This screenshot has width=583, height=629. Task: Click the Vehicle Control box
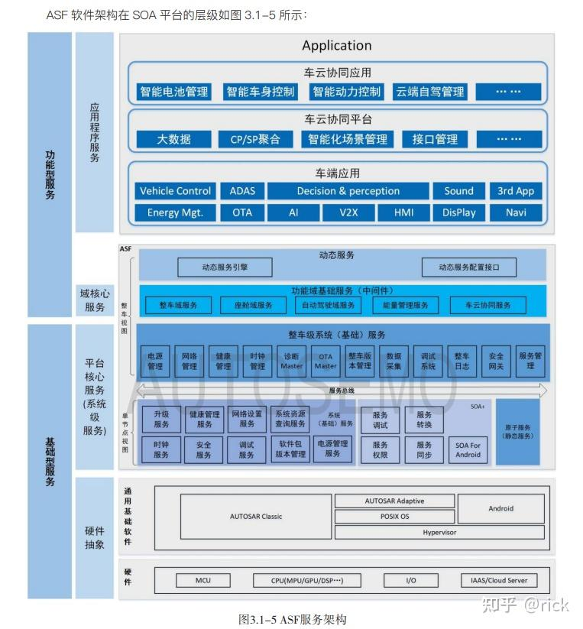(175, 191)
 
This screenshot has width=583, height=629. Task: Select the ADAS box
(242, 191)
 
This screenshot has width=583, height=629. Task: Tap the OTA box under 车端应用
(242, 212)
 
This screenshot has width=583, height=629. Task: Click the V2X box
(348, 212)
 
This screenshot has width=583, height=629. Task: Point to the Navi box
(516, 212)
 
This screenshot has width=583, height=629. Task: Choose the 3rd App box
(516, 191)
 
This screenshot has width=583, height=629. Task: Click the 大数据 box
(173, 139)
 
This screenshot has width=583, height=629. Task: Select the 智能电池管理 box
(173, 92)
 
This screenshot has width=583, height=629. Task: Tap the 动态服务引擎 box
(225, 267)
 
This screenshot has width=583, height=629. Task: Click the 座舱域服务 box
(253, 305)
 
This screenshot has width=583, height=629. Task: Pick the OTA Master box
(326, 361)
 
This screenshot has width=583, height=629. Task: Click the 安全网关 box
(496, 361)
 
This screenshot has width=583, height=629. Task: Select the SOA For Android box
(468, 449)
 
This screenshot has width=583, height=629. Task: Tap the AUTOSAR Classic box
(256, 517)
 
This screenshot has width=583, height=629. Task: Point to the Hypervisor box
(439, 532)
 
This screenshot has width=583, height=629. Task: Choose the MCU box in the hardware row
(202, 580)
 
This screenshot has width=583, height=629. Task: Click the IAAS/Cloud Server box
(499, 580)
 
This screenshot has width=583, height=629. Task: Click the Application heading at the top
(336, 46)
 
